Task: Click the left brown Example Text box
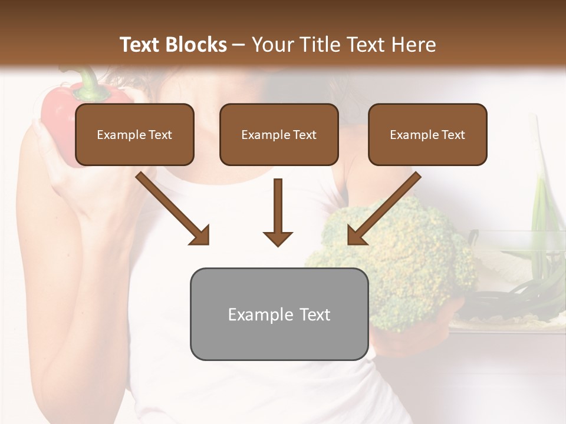point(134,134)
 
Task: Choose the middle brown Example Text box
point(279,134)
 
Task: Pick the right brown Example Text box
point(427,134)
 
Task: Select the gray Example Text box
point(279,314)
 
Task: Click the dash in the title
point(239,45)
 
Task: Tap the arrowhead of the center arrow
point(278,238)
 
